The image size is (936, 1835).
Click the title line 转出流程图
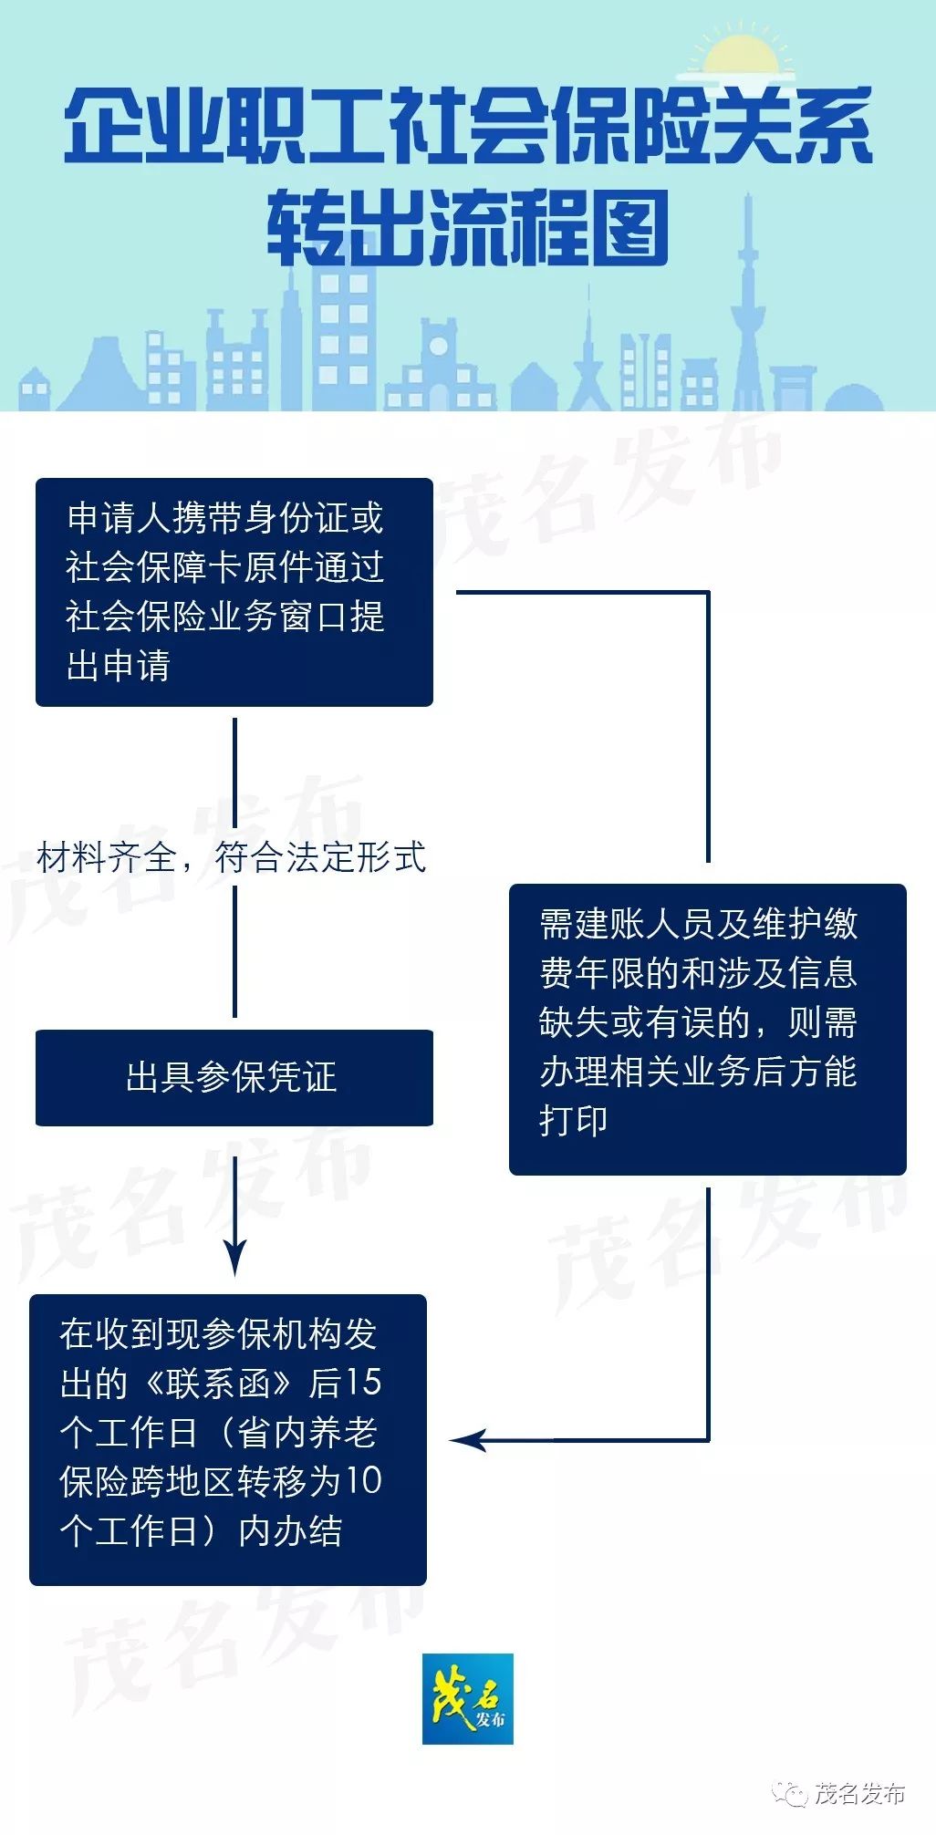pos(468,228)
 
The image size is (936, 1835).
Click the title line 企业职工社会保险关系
pos(468,127)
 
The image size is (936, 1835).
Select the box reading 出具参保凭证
pos(234,1077)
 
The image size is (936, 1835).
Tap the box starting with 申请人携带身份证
pos(234,592)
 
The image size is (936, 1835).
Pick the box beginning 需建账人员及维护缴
pos(707,1029)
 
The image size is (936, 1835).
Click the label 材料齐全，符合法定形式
pos(232,857)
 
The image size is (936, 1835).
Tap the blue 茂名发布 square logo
pos(468,1698)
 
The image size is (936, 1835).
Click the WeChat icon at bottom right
pos(790,1794)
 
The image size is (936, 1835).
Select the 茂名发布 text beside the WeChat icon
pos(859,1794)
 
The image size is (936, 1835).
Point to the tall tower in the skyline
pos(749,301)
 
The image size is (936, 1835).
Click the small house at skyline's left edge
pos(35,389)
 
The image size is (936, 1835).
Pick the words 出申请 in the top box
pos(119,666)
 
